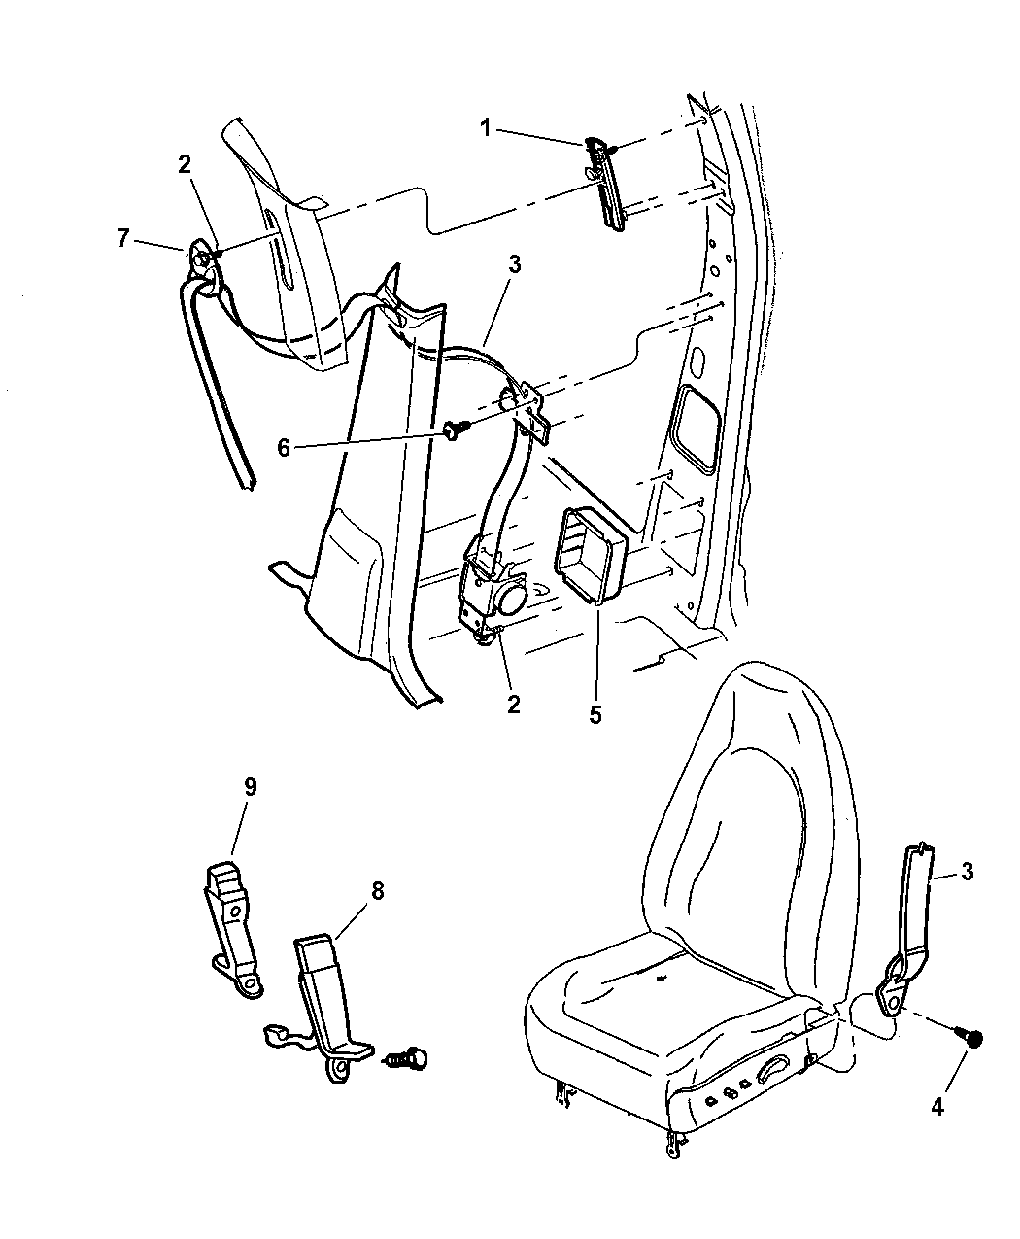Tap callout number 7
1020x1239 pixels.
click(122, 238)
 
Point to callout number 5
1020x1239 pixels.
click(595, 715)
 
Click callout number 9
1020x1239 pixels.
click(250, 787)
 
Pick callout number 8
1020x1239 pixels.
click(376, 891)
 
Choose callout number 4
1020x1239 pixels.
click(936, 1105)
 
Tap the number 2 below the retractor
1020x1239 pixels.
click(513, 704)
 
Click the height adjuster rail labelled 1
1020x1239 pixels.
click(606, 184)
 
